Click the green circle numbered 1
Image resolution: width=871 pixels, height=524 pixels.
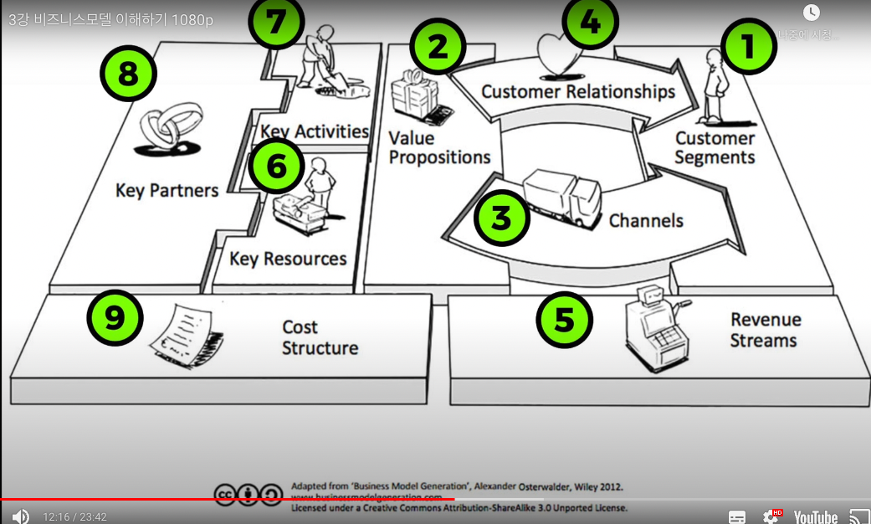pos(749,47)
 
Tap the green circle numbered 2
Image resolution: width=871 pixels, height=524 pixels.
pos(438,47)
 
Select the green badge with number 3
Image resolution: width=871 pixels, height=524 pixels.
pos(502,218)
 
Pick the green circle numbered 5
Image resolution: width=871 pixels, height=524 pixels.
pos(565,318)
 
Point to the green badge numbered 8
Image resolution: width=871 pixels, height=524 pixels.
pos(128,74)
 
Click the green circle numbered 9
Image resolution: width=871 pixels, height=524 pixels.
pos(115,317)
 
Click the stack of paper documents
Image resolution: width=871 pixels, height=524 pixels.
pos(187,336)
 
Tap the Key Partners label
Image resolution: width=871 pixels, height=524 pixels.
pos(167,190)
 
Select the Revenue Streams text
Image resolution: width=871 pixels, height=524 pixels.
pos(765,331)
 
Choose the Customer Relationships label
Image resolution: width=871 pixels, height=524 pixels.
pos(577,91)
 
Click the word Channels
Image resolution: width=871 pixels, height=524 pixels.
pos(646,221)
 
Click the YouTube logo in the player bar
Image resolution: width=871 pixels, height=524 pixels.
pos(815,516)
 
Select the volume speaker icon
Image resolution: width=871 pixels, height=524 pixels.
pos(20,516)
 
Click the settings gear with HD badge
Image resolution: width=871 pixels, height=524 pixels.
pos(772,516)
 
